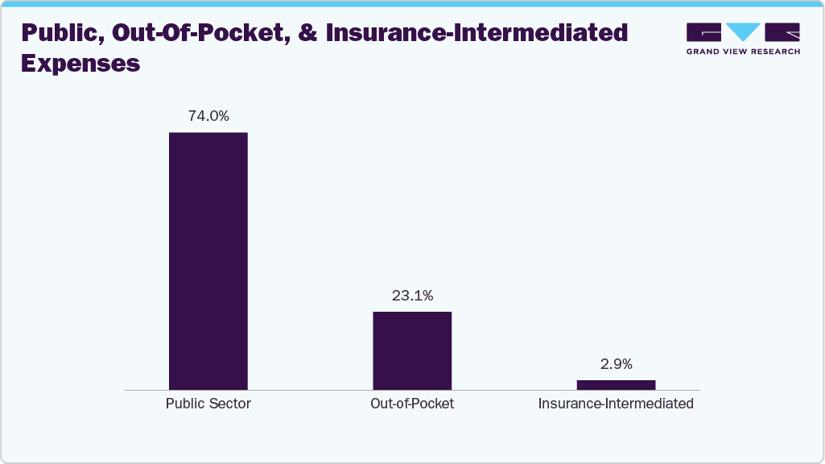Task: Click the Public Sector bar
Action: (208, 261)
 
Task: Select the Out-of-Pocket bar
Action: (412, 350)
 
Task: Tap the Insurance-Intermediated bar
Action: (616, 385)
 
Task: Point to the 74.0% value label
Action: (208, 116)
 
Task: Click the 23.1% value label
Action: (412, 296)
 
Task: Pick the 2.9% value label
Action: (616, 364)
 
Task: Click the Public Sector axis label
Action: (208, 404)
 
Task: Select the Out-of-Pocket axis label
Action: (412, 404)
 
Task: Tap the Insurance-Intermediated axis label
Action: (616, 404)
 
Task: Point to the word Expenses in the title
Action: (80, 63)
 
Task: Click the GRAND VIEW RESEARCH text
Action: (743, 52)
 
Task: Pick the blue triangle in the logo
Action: (743, 32)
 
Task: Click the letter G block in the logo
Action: (703, 32)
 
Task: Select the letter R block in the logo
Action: (783, 32)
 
